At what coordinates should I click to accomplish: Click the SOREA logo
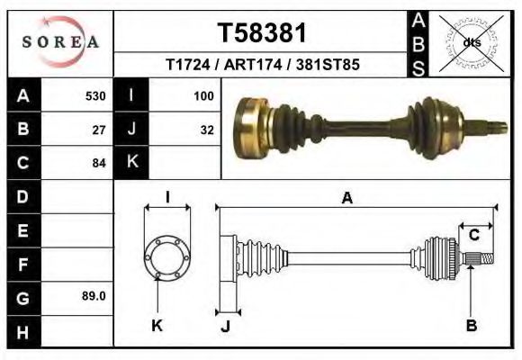tap(60, 42)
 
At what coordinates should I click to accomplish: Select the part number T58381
tap(262, 32)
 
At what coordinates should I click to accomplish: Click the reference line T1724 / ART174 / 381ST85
tap(262, 66)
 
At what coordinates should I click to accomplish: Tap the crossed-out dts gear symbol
tap(471, 43)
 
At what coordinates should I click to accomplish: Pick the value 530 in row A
tap(95, 94)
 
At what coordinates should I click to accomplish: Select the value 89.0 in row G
tap(94, 295)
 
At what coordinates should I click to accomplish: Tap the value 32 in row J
tap(207, 129)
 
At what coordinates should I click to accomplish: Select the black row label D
tap(22, 196)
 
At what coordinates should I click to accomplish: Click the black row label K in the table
tap(131, 162)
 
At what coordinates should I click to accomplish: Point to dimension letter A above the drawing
tap(346, 199)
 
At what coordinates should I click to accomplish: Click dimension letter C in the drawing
tap(473, 235)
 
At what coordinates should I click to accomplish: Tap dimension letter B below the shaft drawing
tap(471, 326)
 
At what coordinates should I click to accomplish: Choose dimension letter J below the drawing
tap(226, 326)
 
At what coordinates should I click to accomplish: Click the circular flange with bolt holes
tap(166, 257)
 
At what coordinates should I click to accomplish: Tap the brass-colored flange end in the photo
tap(250, 127)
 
